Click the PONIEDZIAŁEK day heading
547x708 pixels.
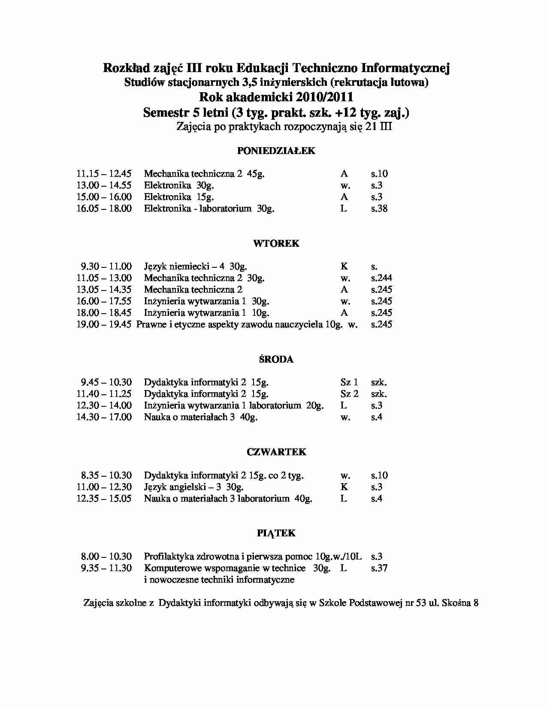coord(276,151)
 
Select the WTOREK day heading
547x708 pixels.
coord(276,243)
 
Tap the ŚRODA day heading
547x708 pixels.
coord(276,359)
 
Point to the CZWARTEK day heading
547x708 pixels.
coord(276,452)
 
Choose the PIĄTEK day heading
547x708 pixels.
coord(276,533)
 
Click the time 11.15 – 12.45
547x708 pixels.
coord(104,174)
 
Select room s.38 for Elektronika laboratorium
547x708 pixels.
coord(379,209)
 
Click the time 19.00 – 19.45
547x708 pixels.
coord(104,324)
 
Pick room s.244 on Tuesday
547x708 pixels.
coord(381,278)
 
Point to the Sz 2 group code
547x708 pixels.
coord(349,394)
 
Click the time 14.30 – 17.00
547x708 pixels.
coord(104,417)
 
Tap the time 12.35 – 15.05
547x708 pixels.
coord(104,499)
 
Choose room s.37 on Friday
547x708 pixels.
coord(379,568)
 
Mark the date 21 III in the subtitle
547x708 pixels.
coord(379,127)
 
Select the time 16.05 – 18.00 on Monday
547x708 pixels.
coord(104,209)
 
